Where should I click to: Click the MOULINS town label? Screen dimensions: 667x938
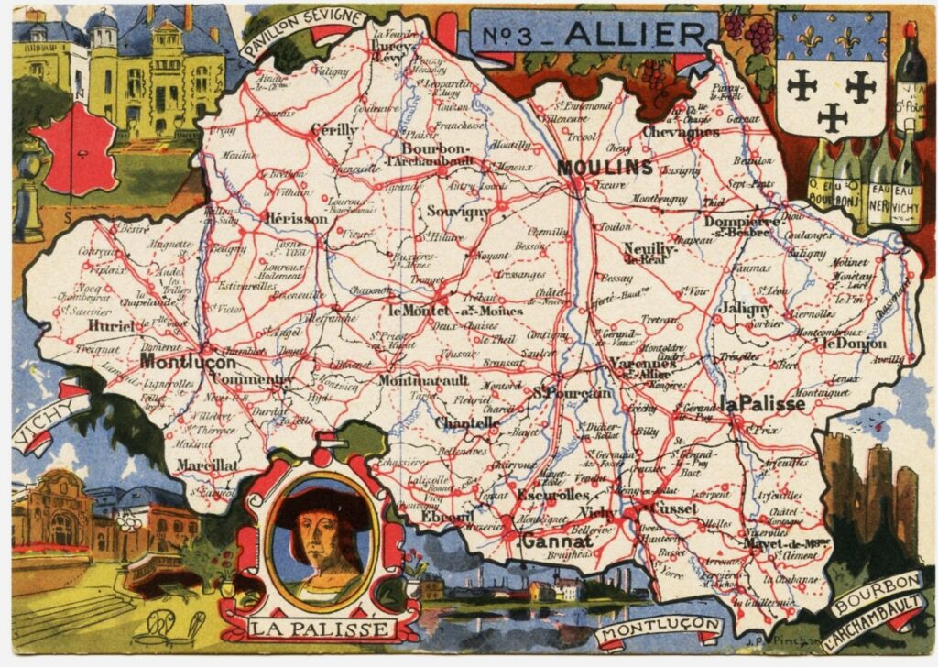[605, 168]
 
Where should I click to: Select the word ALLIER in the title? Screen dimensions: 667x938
[634, 34]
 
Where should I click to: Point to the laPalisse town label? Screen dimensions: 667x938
[762, 404]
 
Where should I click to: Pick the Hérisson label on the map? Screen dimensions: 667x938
[294, 219]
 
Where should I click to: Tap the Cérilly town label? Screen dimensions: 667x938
[333, 130]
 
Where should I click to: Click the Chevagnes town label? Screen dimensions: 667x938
[680, 132]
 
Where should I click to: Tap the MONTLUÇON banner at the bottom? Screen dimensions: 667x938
[658, 630]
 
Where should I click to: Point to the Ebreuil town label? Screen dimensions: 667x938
[447, 518]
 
